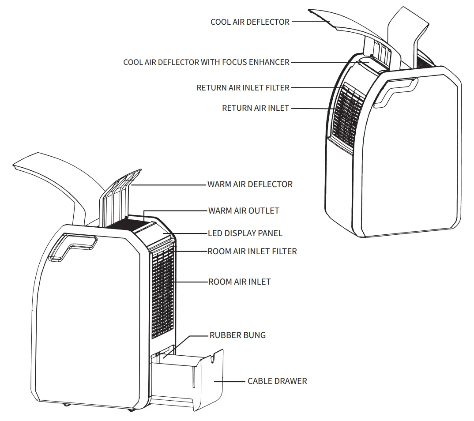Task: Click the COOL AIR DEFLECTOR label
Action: (x=250, y=22)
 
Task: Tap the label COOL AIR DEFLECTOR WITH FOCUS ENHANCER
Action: (x=206, y=62)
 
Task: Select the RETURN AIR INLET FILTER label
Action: (x=243, y=88)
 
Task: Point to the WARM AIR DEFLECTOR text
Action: (x=250, y=184)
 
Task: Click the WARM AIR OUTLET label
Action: (x=244, y=210)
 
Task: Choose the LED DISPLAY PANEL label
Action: (x=245, y=233)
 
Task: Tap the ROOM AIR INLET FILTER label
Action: (x=252, y=251)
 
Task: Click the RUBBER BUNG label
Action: (x=237, y=335)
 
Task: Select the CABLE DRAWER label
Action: (x=277, y=381)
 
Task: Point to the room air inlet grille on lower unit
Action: (x=162, y=291)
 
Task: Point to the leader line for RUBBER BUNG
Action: (x=194, y=336)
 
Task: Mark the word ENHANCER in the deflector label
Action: (x=269, y=62)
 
